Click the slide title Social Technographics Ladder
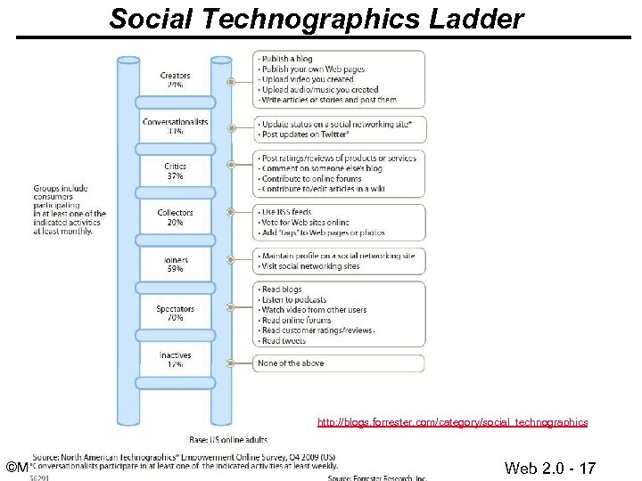(317, 18)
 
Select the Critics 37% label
(176, 171)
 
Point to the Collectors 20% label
(176, 217)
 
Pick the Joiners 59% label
(176, 264)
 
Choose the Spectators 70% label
(176, 312)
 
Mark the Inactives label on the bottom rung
(176, 360)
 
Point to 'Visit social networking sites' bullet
(310, 266)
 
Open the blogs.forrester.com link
(453, 422)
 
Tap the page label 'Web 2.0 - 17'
(549, 469)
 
